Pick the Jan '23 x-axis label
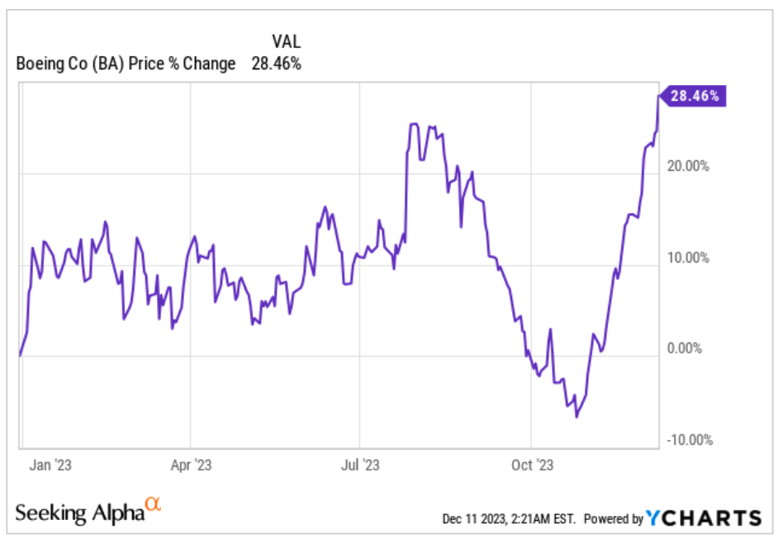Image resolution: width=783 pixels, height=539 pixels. (50, 465)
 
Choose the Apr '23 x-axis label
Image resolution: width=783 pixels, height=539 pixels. (191, 465)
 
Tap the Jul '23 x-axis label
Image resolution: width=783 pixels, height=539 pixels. (360, 465)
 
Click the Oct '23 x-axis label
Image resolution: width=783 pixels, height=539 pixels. (533, 465)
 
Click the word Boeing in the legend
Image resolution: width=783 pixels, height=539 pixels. (38, 63)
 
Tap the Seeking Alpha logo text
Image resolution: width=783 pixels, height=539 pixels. (79, 513)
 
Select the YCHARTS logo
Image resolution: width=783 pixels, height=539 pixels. (704, 518)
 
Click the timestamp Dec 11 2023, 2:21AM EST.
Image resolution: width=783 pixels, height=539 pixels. (510, 519)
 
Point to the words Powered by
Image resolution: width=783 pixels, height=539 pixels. (613, 519)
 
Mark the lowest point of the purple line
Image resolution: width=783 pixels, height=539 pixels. (576, 417)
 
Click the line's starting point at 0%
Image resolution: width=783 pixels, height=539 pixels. (20, 356)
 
